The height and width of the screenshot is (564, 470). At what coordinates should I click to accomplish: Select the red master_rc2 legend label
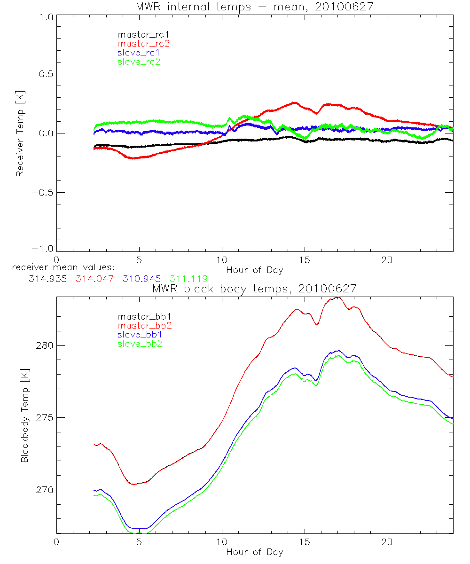coord(143,43)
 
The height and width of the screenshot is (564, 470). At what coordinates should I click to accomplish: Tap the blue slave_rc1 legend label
coord(139,52)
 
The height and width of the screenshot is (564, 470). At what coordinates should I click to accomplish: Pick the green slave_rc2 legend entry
coord(139,62)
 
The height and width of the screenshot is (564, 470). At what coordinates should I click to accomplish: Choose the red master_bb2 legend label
coord(144,325)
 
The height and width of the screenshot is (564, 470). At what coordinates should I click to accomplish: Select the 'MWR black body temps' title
coord(254,289)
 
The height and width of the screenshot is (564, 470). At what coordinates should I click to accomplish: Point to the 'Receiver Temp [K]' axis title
coord(20,133)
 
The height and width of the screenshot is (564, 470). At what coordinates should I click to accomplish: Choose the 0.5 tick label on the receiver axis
coord(45,74)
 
